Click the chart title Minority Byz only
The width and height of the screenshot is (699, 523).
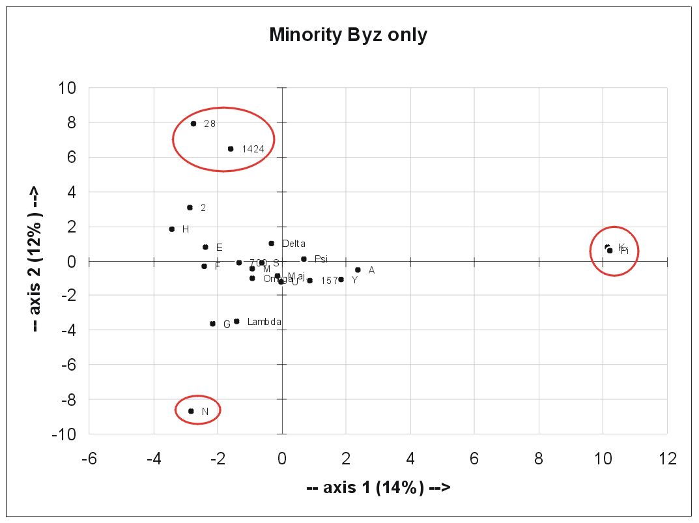[348, 35]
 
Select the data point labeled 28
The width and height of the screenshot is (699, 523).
[193, 123]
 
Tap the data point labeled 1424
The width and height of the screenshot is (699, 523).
[231, 148]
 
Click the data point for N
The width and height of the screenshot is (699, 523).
[191, 411]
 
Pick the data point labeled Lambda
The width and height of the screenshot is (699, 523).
[236, 321]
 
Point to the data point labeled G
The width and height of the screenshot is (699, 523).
[212, 324]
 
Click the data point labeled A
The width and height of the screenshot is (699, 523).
[358, 270]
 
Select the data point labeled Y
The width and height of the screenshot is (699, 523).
[341, 279]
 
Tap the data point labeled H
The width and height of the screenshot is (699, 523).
[172, 229]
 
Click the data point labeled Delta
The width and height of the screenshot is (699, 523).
[271, 244]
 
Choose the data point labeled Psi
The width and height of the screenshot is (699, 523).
[304, 259]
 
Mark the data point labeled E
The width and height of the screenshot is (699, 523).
[205, 247]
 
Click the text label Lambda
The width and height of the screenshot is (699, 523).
[264, 322]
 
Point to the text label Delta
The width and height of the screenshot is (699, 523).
[294, 244]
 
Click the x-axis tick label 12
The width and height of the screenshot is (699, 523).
[667, 459]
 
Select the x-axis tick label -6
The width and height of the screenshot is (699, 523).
[89, 459]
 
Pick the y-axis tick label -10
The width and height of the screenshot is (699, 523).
[64, 434]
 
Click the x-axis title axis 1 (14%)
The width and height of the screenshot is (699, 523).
[378, 487]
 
